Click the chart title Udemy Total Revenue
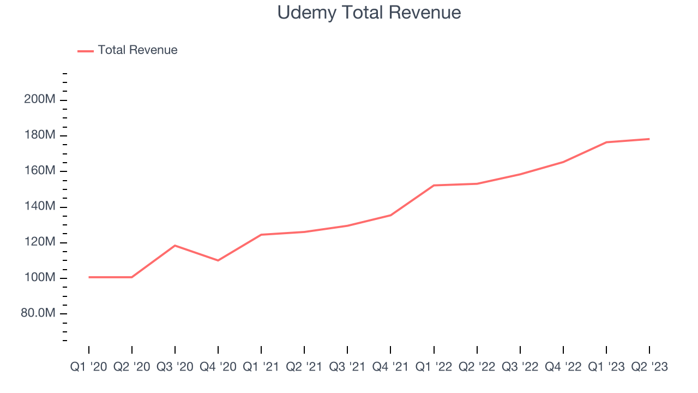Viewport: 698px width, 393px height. (369, 13)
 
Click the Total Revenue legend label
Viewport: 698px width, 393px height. (137, 50)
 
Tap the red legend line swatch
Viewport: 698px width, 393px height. (86, 51)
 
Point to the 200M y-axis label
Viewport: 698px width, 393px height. (39, 100)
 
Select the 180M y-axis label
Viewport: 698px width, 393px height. (39, 135)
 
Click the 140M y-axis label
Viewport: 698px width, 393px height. (39, 207)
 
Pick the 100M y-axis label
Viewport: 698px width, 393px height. (39, 278)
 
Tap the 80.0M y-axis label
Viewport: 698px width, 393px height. (37, 313)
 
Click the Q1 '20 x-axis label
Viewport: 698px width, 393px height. (89, 367)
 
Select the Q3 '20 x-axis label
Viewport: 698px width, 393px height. (175, 367)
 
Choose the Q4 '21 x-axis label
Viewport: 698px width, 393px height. (391, 367)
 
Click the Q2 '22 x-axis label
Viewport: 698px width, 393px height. (477, 367)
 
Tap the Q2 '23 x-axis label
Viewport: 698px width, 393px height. (649, 367)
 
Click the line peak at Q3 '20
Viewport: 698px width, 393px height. (175, 246)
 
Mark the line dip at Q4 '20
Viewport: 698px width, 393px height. (218, 260)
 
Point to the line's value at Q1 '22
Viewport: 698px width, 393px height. (434, 186)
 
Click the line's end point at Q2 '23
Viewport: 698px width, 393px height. (649, 139)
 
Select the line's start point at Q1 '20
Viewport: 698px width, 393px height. (89, 277)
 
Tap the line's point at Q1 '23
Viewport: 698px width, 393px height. (606, 142)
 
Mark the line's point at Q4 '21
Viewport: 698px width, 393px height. (391, 215)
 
